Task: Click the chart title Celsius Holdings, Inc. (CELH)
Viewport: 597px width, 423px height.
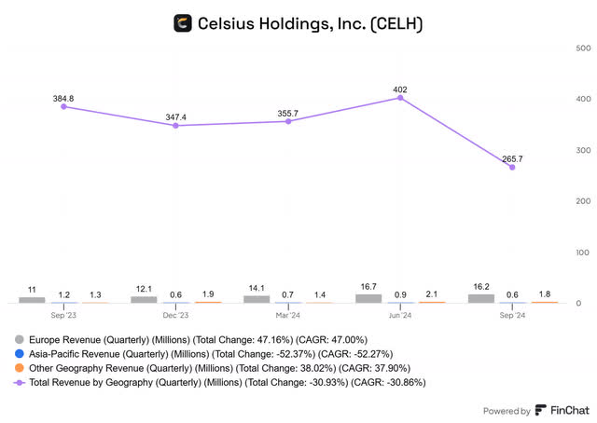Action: (311, 23)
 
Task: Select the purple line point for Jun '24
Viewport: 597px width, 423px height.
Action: (400, 97)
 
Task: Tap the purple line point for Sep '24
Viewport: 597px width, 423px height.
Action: (512, 167)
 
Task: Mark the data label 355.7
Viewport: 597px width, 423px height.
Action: (288, 112)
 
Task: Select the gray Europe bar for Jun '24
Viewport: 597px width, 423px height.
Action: (368, 298)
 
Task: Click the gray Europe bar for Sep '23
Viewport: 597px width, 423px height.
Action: (32, 299)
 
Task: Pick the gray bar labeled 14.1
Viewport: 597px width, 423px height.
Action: (256, 299)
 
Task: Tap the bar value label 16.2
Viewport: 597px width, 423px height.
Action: (481, 287)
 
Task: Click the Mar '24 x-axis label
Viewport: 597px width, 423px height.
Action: (288, 315)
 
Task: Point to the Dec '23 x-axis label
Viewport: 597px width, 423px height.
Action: (176, 315)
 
